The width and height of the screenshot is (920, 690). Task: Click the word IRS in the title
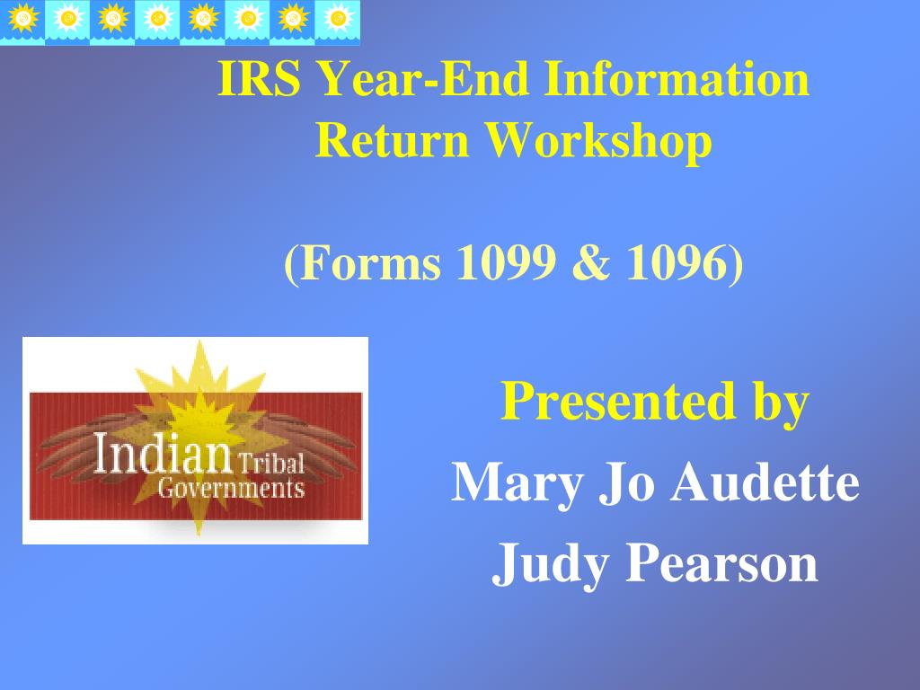[259, 79]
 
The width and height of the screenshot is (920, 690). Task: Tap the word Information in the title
[677, 79]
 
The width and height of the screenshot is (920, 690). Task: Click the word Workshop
[598, 143]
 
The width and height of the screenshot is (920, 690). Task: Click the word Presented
[618, 402]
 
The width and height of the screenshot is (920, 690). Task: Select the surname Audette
[765, 482]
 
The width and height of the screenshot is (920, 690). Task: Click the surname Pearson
[721, 563]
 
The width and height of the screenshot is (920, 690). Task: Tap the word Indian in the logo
[163, 452]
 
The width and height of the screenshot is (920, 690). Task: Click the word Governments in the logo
[231, 488]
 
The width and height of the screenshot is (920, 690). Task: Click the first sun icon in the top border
[22, 19]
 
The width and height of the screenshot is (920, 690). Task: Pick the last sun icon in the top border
[338, 19]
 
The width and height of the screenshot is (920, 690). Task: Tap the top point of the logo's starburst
[200, 341]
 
